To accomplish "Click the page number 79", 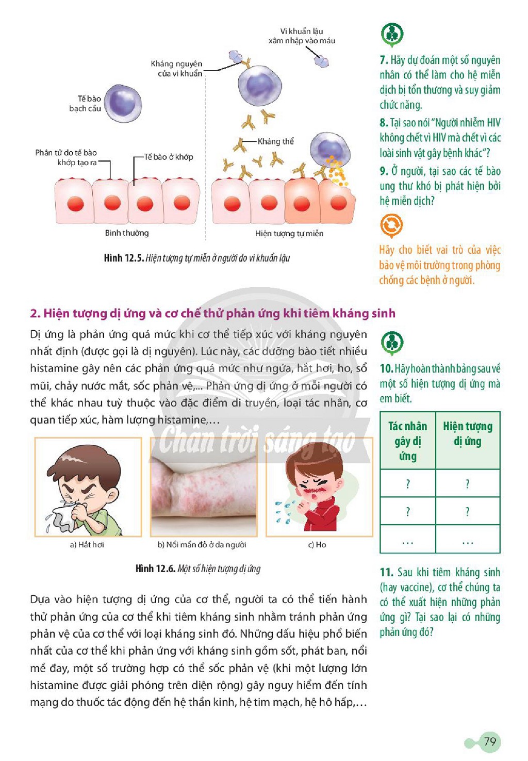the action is click(490, 741).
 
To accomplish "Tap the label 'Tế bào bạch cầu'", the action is click(85, 103).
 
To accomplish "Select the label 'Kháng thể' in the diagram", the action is click(275, 141).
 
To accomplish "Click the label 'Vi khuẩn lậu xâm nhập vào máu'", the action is click(302, 36).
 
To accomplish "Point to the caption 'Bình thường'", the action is click(127, 233).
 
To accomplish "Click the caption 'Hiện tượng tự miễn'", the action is click(289, 233).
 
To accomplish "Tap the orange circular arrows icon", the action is click(391, 225).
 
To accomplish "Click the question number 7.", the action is click(384, 60).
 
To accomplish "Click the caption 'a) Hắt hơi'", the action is click(87, 545).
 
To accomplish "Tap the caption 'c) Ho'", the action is click(317, 545).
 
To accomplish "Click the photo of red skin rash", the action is click(204, 487).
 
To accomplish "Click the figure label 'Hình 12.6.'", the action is click(155, 569).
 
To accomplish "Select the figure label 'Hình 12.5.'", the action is click(124, 258).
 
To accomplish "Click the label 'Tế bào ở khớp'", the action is click(169, 157).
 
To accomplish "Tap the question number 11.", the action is click(386, 573).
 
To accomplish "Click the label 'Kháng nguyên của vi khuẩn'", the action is click(176, 69).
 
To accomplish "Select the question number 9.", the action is click(384, 171).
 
